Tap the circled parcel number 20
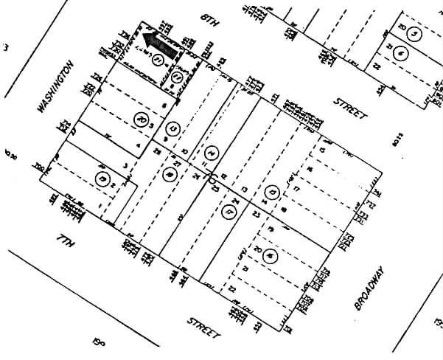(142, 120)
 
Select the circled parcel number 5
(415, 34)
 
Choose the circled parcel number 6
(400, 53)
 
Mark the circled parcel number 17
(226, 212)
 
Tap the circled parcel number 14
(212, 153)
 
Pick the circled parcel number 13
(174, 130)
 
